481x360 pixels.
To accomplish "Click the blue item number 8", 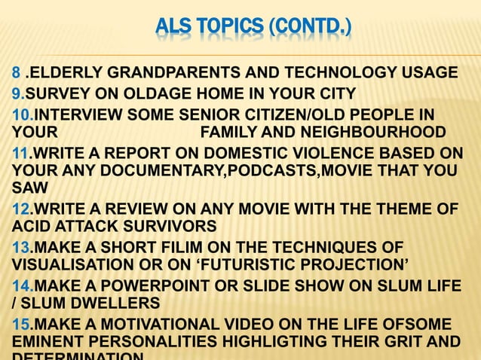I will coord(15,74).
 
